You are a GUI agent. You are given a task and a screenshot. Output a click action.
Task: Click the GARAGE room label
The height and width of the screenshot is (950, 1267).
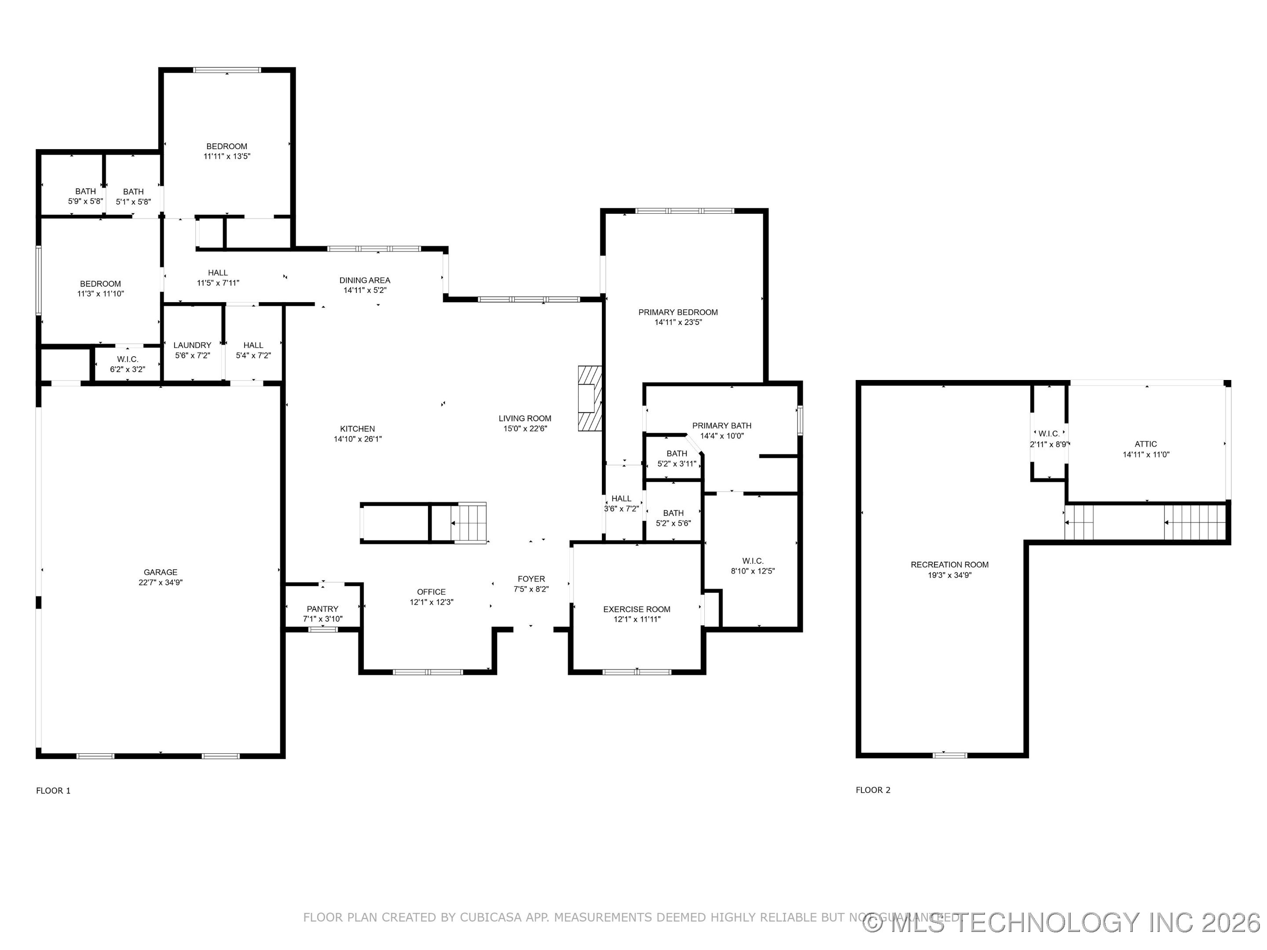161,572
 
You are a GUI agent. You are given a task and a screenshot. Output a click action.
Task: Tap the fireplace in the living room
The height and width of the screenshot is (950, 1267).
590,398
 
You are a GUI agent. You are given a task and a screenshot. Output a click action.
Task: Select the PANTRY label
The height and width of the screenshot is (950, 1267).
322,609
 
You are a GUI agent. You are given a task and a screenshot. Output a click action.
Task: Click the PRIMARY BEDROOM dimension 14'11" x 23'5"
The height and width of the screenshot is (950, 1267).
678,322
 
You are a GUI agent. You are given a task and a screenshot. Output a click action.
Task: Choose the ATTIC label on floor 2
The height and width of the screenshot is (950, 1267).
1146,444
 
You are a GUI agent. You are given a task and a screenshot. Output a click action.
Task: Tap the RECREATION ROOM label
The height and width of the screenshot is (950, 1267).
950,565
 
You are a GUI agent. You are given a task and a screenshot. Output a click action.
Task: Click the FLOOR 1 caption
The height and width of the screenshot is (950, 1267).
53,791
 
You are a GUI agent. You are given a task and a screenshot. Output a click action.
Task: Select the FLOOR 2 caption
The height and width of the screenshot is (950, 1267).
873,790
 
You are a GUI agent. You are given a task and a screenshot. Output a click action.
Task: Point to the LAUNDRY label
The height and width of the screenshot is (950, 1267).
192,345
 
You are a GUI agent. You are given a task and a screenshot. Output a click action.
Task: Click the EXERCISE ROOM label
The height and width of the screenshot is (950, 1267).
637,609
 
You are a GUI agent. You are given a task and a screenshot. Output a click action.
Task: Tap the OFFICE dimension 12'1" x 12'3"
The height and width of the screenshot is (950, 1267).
431,602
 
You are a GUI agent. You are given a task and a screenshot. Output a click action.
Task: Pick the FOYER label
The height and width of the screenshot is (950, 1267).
531,579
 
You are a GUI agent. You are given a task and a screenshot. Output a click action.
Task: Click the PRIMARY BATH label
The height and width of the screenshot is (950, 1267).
722,425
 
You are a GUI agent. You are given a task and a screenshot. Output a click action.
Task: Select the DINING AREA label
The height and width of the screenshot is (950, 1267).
365,280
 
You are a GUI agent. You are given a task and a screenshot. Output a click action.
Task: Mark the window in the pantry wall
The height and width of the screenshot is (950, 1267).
323,630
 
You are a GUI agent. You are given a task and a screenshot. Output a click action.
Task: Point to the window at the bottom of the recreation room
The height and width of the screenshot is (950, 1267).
950,755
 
